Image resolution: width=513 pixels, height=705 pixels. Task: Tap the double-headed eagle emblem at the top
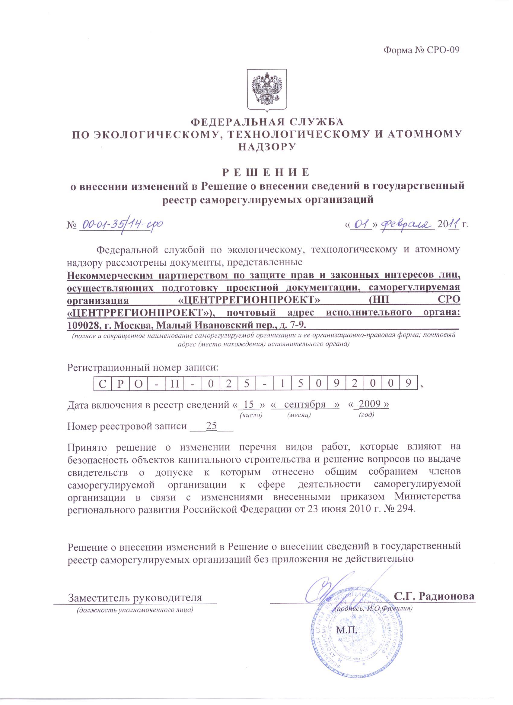tap(267, 89)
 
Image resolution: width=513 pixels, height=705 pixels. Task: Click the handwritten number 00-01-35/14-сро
tap(122, 224)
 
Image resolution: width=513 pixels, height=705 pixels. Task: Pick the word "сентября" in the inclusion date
tap(304, 404)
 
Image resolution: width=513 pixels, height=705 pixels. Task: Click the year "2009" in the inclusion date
tap(369, 404)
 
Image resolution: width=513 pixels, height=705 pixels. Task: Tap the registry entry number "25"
tap(211, 426)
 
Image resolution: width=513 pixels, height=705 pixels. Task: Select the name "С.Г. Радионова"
tap(434, 596)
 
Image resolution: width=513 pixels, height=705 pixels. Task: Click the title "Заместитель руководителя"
tap(135, 597)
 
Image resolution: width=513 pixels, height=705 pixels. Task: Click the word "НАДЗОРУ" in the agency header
tap(267, 147)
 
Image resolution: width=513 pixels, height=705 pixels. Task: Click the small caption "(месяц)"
tap(299, 415)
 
